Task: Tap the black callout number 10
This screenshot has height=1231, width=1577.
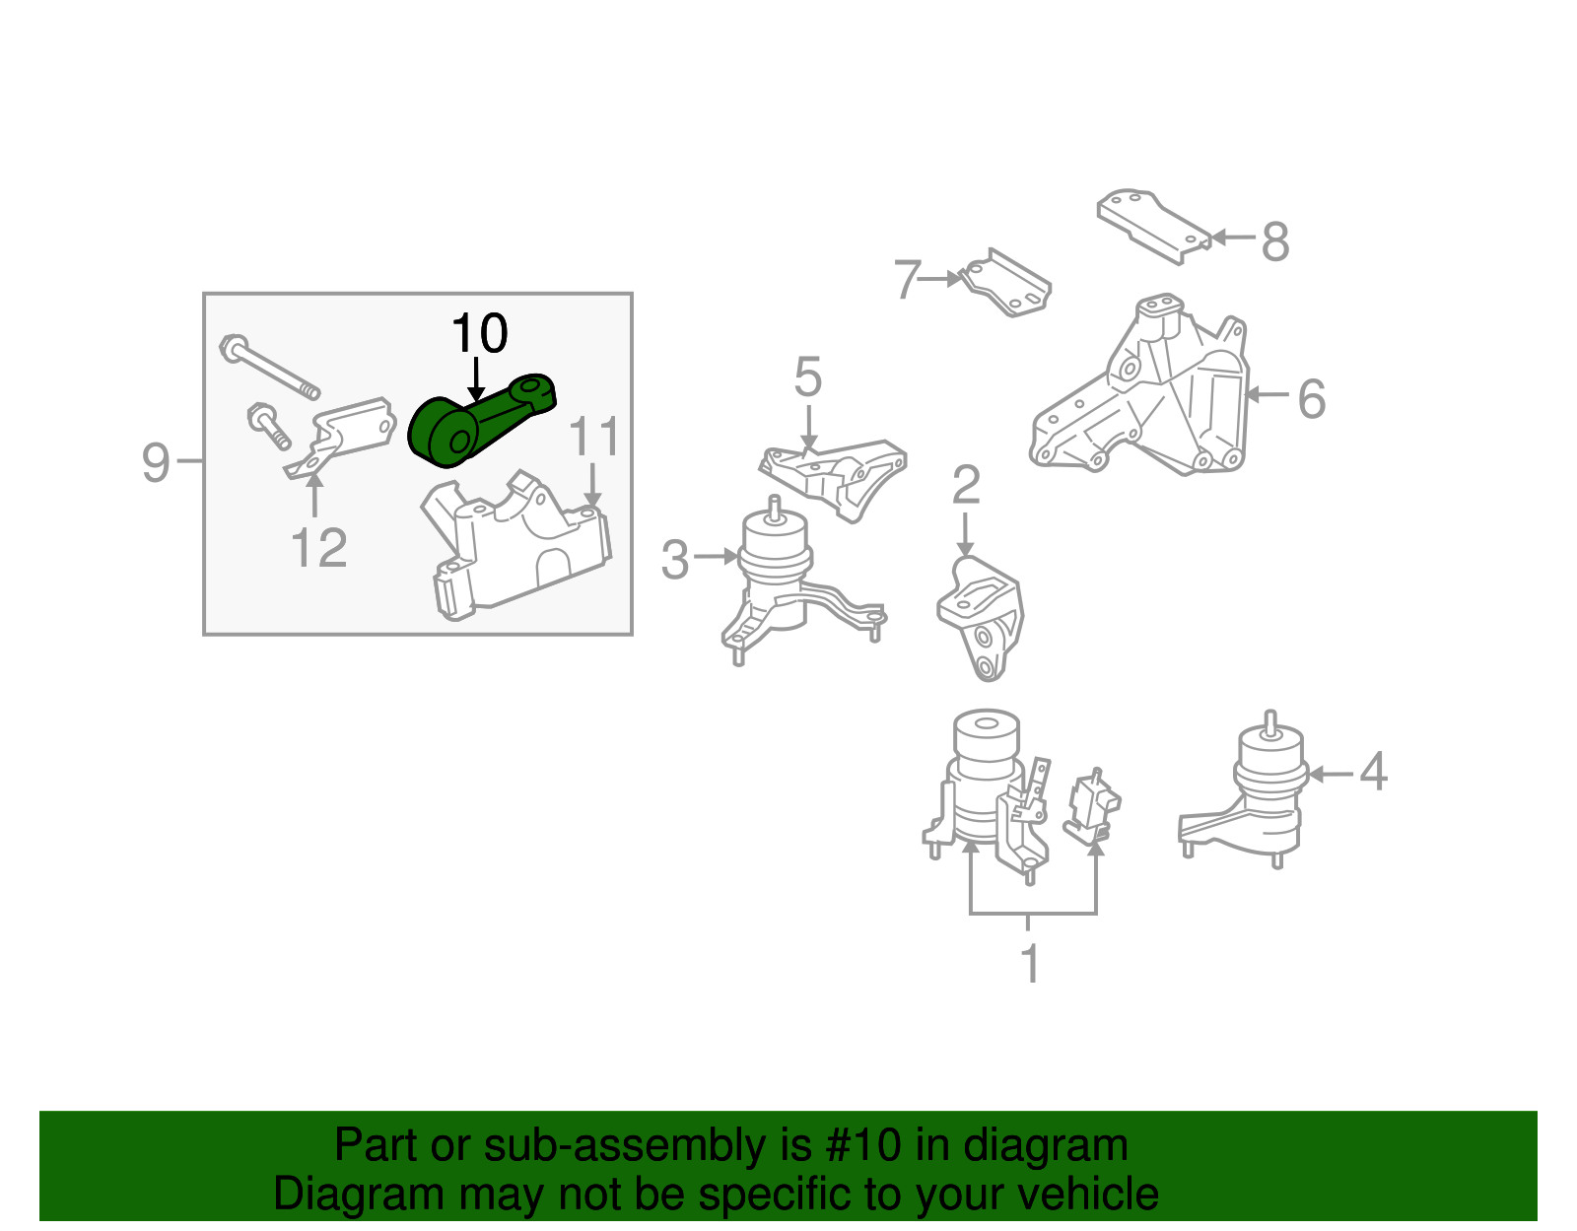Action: (479, 334)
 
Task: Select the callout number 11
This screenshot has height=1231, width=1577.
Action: (594, 437)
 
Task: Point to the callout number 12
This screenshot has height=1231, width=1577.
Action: (318, 549)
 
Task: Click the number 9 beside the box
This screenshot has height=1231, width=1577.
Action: (156, 462)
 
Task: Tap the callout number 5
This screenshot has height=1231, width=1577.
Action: (807, 378)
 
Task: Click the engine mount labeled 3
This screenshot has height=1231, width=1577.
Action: (779, 581)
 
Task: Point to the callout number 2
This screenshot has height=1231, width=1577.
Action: (966, 486)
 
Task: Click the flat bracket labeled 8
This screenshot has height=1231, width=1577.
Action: (1153, 225)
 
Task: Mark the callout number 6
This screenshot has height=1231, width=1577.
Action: (1311, 399)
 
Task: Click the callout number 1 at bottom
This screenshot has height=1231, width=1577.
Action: (1030, 965)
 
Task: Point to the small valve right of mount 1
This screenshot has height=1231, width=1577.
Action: (1092, 805)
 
